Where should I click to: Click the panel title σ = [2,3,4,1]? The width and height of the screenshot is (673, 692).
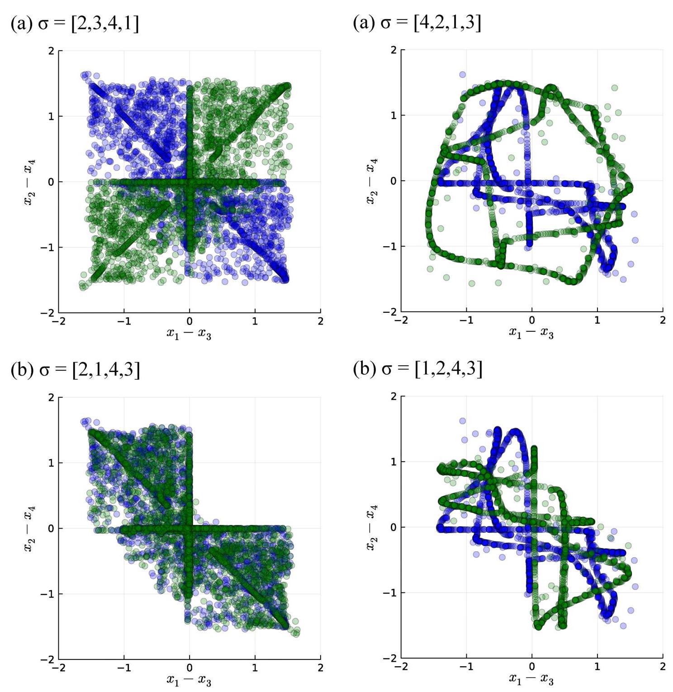(75, 23)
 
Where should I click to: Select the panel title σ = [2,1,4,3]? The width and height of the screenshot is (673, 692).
(75, 369)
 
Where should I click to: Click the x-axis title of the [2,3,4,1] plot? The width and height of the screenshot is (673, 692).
(189, 334)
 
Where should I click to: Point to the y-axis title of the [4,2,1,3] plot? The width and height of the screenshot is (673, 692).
(372, 181)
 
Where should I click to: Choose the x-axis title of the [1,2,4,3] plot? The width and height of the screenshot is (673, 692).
(531, 679)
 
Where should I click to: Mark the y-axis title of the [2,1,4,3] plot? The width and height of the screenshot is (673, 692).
(29, 528)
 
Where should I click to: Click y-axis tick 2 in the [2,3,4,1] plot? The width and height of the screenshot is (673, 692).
(51, 51)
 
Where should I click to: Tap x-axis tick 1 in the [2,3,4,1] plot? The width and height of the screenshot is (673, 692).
(255, 321)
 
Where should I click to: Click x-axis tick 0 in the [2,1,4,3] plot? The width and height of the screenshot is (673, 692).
(190, 668)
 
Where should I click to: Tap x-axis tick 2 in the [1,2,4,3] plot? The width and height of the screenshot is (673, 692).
(663, 666)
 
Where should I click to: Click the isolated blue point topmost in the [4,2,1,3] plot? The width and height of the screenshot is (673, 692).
(463, 75)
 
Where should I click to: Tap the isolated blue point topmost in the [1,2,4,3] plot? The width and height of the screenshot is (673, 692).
(463, 421)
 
